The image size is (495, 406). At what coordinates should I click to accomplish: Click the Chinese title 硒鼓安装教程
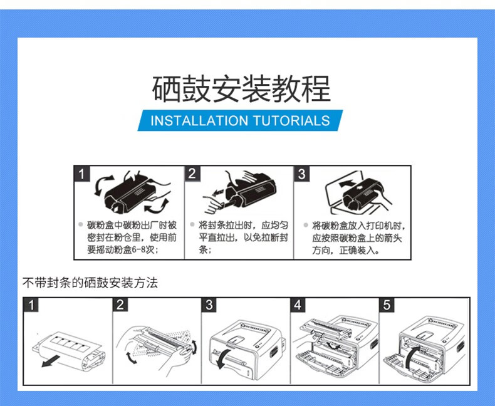(241, 89)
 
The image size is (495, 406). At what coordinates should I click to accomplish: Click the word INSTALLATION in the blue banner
(199, 120)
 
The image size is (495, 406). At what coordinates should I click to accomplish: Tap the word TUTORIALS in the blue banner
(291, 120)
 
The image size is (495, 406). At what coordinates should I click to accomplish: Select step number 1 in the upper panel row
(81, 174)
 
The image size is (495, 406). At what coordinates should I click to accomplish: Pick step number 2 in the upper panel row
(192, 174)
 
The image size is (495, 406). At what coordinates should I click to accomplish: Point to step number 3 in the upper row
(302, 174)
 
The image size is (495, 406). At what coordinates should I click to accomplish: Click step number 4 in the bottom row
(298, 305)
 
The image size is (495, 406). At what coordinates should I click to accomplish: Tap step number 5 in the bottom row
(387, 305)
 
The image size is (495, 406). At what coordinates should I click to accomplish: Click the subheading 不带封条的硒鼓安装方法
(90, 283)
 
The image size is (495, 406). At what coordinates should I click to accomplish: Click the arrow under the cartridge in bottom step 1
(51, 361)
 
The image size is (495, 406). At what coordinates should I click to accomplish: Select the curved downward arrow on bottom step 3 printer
(222, 358)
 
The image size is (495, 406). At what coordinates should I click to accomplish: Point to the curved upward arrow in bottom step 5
(412, 357)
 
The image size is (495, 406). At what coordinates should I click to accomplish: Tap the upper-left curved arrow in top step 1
(103, 185)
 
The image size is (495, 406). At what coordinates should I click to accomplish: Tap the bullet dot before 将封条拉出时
(192, 224)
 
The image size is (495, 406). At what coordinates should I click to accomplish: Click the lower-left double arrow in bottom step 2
(131, 357)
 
